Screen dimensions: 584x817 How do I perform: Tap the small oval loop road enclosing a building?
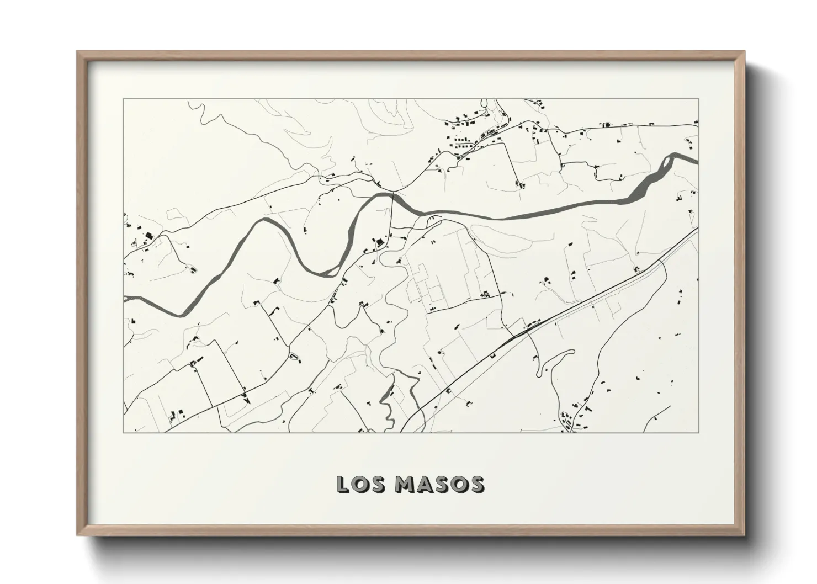point(295,357)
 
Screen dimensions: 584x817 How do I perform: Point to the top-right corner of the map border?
point(698,99)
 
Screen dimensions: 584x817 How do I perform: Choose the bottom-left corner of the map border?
point(123,432)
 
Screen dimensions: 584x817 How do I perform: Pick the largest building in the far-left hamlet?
point(148,236)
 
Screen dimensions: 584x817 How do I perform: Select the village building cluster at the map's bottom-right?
point(574,417)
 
